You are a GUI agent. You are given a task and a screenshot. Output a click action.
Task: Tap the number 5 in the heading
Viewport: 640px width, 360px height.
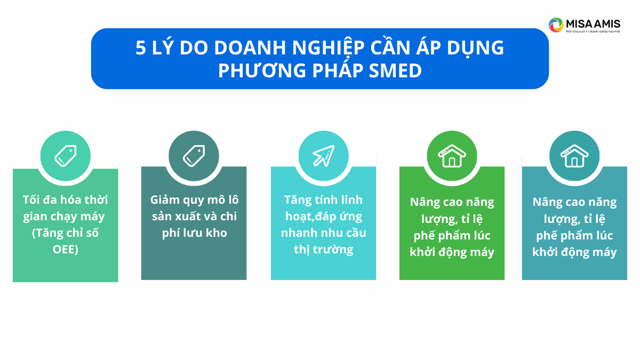point(140,48)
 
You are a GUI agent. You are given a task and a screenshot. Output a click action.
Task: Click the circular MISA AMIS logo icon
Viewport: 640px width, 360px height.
point(556,25)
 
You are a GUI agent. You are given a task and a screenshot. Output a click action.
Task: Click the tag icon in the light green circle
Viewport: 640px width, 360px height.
point(66,156)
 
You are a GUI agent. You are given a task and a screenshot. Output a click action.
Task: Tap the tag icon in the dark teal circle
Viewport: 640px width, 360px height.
point(194,156)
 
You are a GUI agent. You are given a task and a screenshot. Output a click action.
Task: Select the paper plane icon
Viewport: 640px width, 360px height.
point(323,156)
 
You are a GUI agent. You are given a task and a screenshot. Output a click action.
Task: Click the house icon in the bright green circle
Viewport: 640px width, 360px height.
point(452,156)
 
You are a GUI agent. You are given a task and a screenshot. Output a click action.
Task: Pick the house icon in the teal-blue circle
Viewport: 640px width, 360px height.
point(574,156)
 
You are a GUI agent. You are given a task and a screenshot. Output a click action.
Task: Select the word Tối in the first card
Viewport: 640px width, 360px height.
point(31,200)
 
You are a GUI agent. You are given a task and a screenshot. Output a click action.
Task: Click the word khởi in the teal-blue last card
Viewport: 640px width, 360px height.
point(547,252)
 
